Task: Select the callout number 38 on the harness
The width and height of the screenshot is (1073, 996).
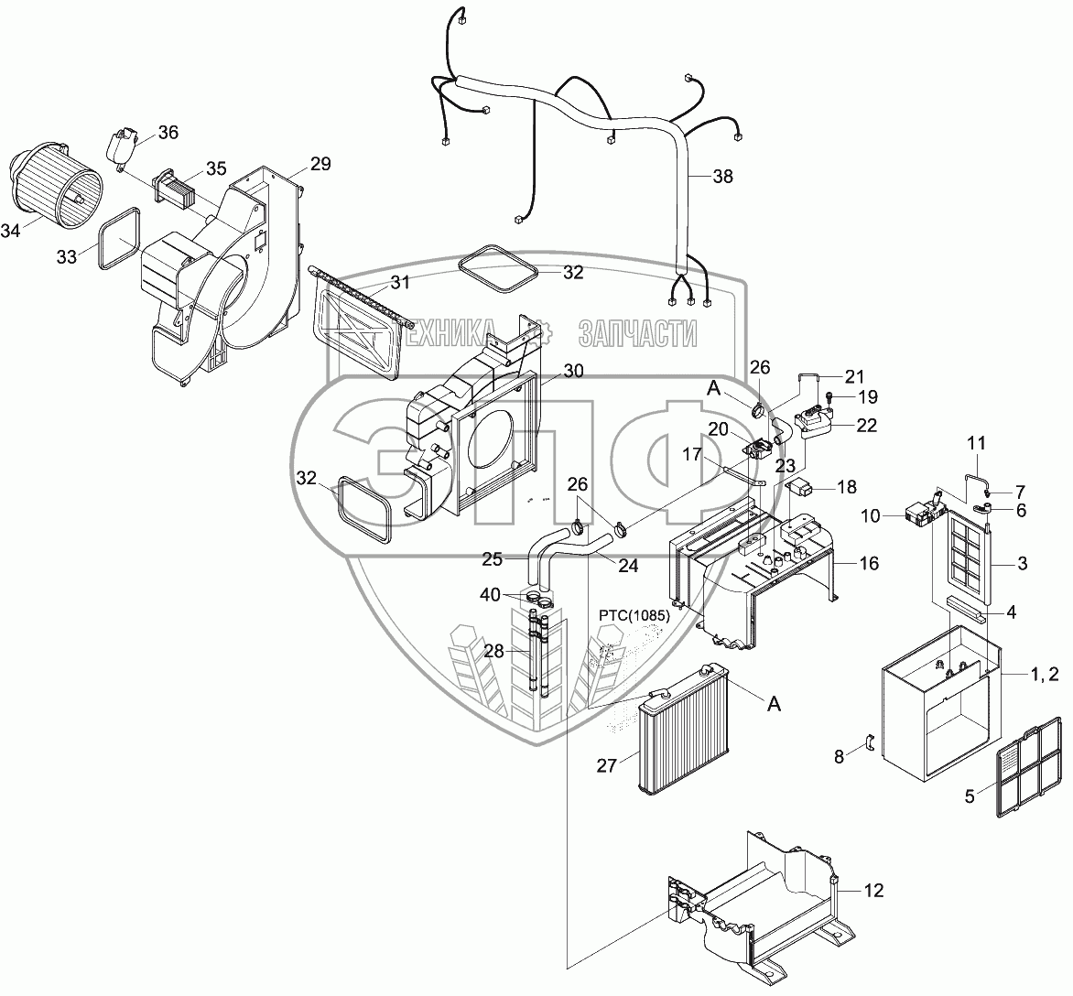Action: (722, 178)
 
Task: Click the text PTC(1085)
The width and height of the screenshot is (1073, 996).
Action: (634, 616)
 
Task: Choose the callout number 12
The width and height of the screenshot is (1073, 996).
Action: (874, 891)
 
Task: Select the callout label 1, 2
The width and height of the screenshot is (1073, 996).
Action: (1043, 675)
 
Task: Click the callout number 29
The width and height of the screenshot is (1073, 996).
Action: (320, 164)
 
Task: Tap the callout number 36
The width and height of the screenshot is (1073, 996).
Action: (168, 132)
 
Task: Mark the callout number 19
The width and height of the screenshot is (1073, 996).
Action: (867, 396)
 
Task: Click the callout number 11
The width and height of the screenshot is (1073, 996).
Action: (977, 443)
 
